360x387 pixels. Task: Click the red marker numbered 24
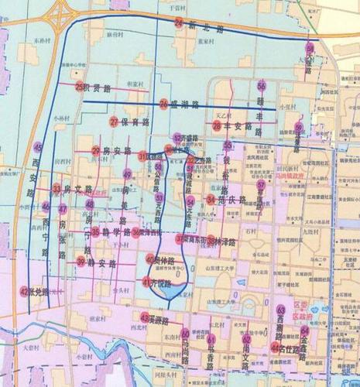[x=179, y=24]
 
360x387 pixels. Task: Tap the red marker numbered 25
[x=78, y=86]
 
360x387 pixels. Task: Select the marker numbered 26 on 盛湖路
[x=164, y=103]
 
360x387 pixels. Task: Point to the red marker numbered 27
[x=114, y=122]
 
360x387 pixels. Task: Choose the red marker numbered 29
[x=96, y=150]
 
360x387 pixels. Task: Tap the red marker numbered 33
[x=57, y=189]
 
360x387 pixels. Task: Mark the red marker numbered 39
[x=81, y=262]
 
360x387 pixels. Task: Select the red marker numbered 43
[x=145, y=317]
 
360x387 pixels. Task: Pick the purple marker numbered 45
[x=38, y=146]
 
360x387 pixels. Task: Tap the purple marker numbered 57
[x=261, y=185]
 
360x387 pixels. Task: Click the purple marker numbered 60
[x=310, y=48]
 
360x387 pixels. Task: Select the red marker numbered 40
[x=150, y=259]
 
